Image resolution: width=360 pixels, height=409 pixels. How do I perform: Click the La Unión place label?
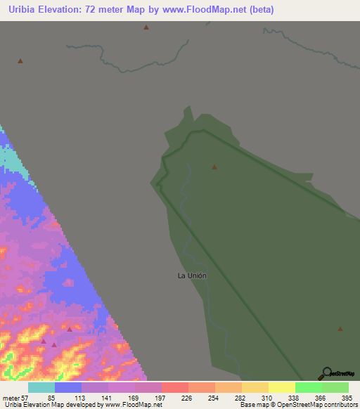point(192,275)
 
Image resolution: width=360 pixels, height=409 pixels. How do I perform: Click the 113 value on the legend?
point(81,398)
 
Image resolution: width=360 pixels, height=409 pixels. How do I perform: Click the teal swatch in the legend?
point(41,387)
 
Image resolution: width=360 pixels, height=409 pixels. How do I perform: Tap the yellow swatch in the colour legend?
point(282,387)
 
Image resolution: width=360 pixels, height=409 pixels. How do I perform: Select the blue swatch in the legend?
point(68,387)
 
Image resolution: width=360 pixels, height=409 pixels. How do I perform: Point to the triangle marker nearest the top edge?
point(146,27)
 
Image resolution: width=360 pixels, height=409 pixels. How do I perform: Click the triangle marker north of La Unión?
point(214,167)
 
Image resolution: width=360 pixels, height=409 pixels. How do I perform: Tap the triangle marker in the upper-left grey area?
point(20,60)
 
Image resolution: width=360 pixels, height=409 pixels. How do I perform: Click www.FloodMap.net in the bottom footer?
point(136,405)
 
